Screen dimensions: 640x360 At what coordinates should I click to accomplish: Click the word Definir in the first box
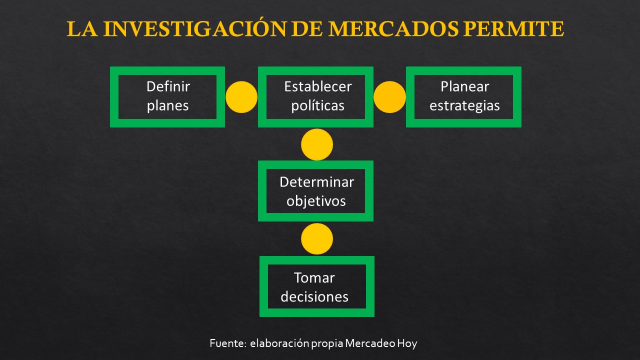click(168, 86)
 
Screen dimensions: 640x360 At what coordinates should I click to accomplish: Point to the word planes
click(168, 106)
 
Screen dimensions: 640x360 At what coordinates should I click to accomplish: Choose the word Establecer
click(317, 86)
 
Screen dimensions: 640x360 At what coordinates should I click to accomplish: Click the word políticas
click(317, 106)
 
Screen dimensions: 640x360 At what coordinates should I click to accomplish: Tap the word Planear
click(464, 86)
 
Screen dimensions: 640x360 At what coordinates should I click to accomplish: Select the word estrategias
click(464, 106)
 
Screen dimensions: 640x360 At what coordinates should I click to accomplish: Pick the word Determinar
click(316, 181)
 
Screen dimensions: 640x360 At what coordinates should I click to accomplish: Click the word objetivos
click(316, 201)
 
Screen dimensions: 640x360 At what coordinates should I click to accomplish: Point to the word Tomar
click(314, 277)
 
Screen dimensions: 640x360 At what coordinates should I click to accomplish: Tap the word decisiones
click(314, 296)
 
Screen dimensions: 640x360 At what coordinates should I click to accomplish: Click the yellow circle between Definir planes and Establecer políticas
click(241, 96)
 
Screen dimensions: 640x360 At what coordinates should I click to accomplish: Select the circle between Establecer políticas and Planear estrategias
click(389, 96)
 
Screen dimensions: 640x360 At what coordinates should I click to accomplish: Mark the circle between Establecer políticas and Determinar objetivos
click(316, 144)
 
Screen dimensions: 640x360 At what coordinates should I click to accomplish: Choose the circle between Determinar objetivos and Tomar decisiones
click(316, 239)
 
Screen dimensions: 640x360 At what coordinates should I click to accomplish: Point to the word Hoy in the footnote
click(407, 344)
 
